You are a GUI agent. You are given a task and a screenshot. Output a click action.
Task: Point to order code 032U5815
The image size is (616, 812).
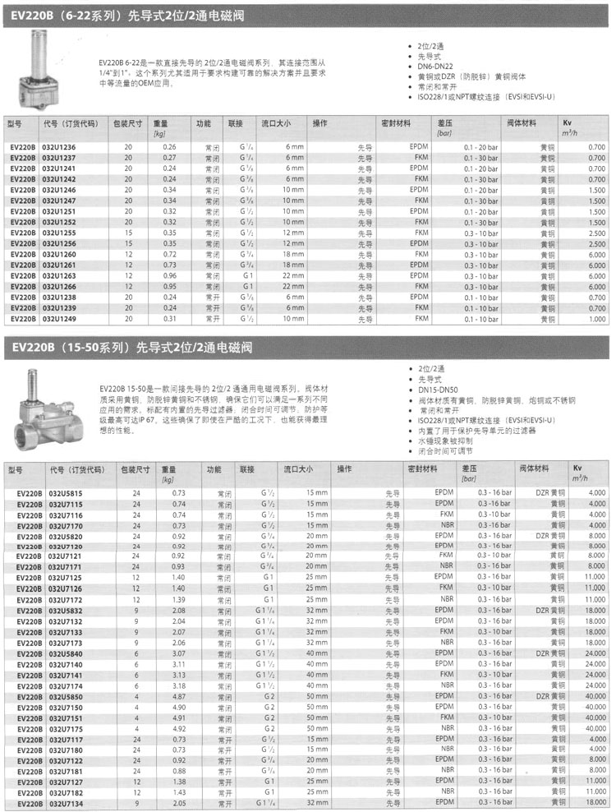click(65, 492)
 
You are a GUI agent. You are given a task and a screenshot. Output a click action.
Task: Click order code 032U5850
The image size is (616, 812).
click(65, 695)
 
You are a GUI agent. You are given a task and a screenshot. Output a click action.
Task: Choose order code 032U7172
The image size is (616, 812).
click(65, 599)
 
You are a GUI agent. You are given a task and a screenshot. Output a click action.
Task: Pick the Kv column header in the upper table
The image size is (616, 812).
click(568, 122)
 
